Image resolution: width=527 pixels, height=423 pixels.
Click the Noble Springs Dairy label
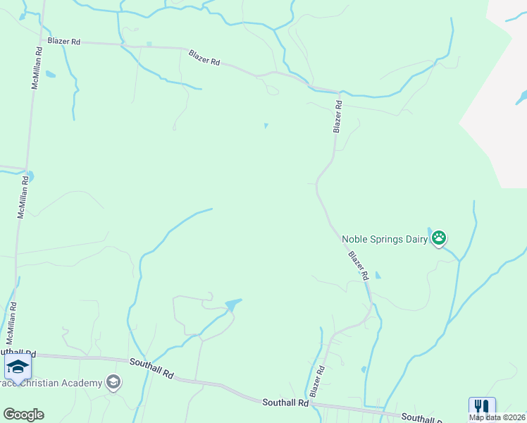coord(385,239)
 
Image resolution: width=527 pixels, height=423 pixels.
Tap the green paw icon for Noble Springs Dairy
coord(440,238)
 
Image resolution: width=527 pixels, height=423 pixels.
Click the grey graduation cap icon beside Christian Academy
coord(113,383)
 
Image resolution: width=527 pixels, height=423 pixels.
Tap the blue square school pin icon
coord(18,366)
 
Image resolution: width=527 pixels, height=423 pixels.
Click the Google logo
coord(23,415)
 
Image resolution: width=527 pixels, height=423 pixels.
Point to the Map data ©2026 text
coord(498,417)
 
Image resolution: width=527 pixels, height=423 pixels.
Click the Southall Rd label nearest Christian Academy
coord(151,367)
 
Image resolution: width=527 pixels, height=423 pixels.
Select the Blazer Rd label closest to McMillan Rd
coord(64,42)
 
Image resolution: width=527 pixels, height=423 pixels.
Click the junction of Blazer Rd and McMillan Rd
coord(36,41)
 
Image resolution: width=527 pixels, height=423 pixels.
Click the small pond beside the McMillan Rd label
coord(50,74)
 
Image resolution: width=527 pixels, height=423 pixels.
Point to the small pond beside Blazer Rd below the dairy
coord(378,274)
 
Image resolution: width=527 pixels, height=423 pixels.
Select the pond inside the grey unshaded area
coord(521,96)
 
